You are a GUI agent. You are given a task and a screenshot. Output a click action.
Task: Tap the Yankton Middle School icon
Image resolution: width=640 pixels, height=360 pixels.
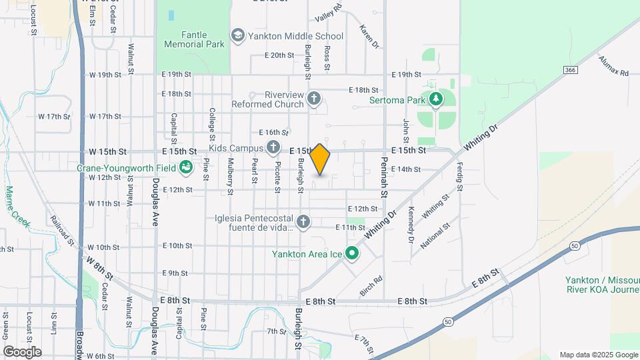click(x=237, y=36)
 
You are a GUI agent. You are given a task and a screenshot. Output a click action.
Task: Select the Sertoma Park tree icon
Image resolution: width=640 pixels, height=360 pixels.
click(x=436, y=100)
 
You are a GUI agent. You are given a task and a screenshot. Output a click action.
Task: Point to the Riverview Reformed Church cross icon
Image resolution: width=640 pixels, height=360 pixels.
click(x=315, y=99)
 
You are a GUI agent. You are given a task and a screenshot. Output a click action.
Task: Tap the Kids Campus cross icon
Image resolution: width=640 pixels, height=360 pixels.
click(x=273, y=147)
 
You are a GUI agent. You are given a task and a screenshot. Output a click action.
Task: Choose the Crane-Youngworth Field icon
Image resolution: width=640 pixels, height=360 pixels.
click(x=187, y=167)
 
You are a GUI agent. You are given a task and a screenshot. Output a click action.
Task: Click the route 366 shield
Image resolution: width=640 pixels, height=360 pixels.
click(x=569, y=69)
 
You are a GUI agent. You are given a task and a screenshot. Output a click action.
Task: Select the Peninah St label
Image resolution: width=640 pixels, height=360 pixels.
click(x=385, y=181)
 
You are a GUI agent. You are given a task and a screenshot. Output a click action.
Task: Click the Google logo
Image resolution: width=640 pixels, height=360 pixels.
click(x=22, y=351)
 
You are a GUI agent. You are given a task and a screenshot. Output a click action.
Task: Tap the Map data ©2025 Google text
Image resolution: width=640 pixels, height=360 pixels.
click(x=598, y=355)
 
